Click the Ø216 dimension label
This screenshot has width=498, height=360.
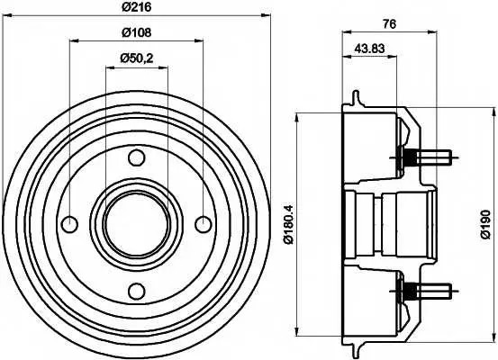pyautogui.click(x=137, y=7)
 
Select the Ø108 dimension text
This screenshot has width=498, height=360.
pyautogui.click(x=137, y=32)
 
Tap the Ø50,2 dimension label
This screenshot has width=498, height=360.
pyautogui.click(x=137, y=58)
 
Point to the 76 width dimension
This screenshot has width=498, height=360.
pyautogui.click(x=390, y=24)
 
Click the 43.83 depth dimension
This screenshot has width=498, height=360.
pyautogui.click(x=369, y=49)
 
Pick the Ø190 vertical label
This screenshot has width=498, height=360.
pyautogui.click(x=486, y=224)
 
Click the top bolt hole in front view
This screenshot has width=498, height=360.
pyautogui.click(x=137, y=157)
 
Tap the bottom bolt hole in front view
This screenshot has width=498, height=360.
pyautogui.click(x=137, y=291)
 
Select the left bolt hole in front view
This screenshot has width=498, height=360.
pyautogui.click(x=69, y=224)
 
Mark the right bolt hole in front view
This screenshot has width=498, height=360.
pyautogui.click(x=204, y=224)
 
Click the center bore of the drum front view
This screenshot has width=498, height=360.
pyautogui.click(x=137, y=224)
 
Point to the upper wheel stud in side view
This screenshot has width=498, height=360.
pyautogui.click(x=427, y=157)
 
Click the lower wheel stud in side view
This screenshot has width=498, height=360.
pyautogui.click(x=427, y=291)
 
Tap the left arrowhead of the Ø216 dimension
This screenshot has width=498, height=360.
pyautogui.click(x=7, y=15)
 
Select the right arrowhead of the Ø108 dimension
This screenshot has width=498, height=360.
pyautogui.click(x=199, y=40)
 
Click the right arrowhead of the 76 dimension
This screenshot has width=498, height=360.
pyautogui.click(x=432, y=31)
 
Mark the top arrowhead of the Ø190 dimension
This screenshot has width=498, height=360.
pyautogui.click(x=494, y=112)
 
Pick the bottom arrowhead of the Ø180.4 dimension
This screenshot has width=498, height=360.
pyautogui.click(x=297, y=331)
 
